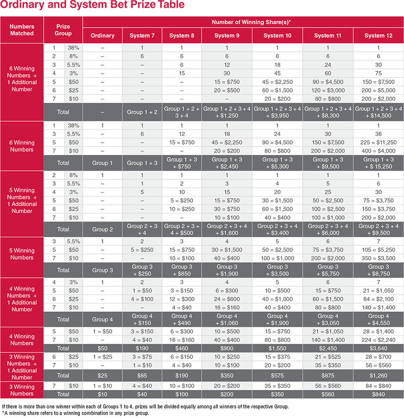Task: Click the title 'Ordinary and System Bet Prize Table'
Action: tap(93, 6)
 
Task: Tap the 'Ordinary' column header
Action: tap(103, 36)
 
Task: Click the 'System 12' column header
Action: tap(378, 36)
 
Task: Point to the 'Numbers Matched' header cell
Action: tap(22, 30)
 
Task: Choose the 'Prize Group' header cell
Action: tap(63, 30)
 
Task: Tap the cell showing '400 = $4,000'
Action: tap(378, 150)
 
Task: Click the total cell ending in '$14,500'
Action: tap(378, 112)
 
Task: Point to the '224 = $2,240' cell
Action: tap(378, 340)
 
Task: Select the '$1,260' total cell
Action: tap(378, 376)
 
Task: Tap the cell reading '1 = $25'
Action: tap(103, 357)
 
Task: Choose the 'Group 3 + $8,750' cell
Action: tap(378, 270)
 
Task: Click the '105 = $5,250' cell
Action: tap(378, 250)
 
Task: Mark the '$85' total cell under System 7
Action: tap(142, 376)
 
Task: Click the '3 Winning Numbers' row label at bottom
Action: tap(22, 390)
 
